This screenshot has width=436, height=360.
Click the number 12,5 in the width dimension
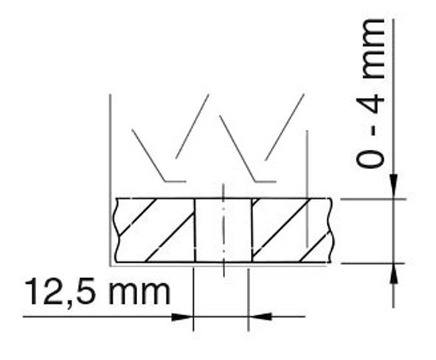[x=63, y=292]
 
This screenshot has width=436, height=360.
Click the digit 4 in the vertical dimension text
[x=370, y=103]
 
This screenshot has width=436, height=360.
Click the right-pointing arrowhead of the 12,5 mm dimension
[x=182, y=316]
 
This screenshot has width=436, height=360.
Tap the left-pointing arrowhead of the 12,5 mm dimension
[x=260, y=316]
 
